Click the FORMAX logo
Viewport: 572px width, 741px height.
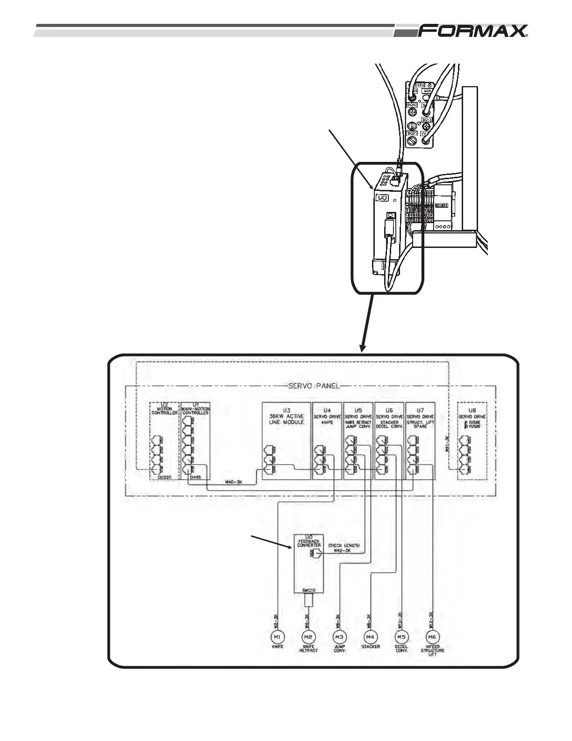(473, 31)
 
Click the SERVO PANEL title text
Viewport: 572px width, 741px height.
(312, 386)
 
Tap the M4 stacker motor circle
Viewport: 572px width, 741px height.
(371, 637)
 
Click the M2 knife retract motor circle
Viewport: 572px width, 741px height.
(308, 637)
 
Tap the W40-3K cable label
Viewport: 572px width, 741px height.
(233, 482)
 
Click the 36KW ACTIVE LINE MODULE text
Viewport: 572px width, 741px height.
(286, 419)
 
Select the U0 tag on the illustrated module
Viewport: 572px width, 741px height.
(382, 198)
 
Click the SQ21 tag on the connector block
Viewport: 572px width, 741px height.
(412, 134)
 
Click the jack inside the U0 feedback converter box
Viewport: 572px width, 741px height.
(317, 554)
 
